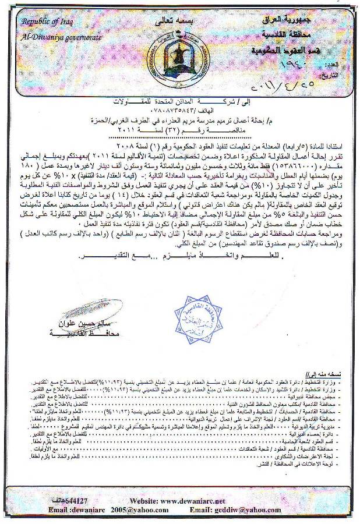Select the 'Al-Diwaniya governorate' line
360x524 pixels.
(61, 37)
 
